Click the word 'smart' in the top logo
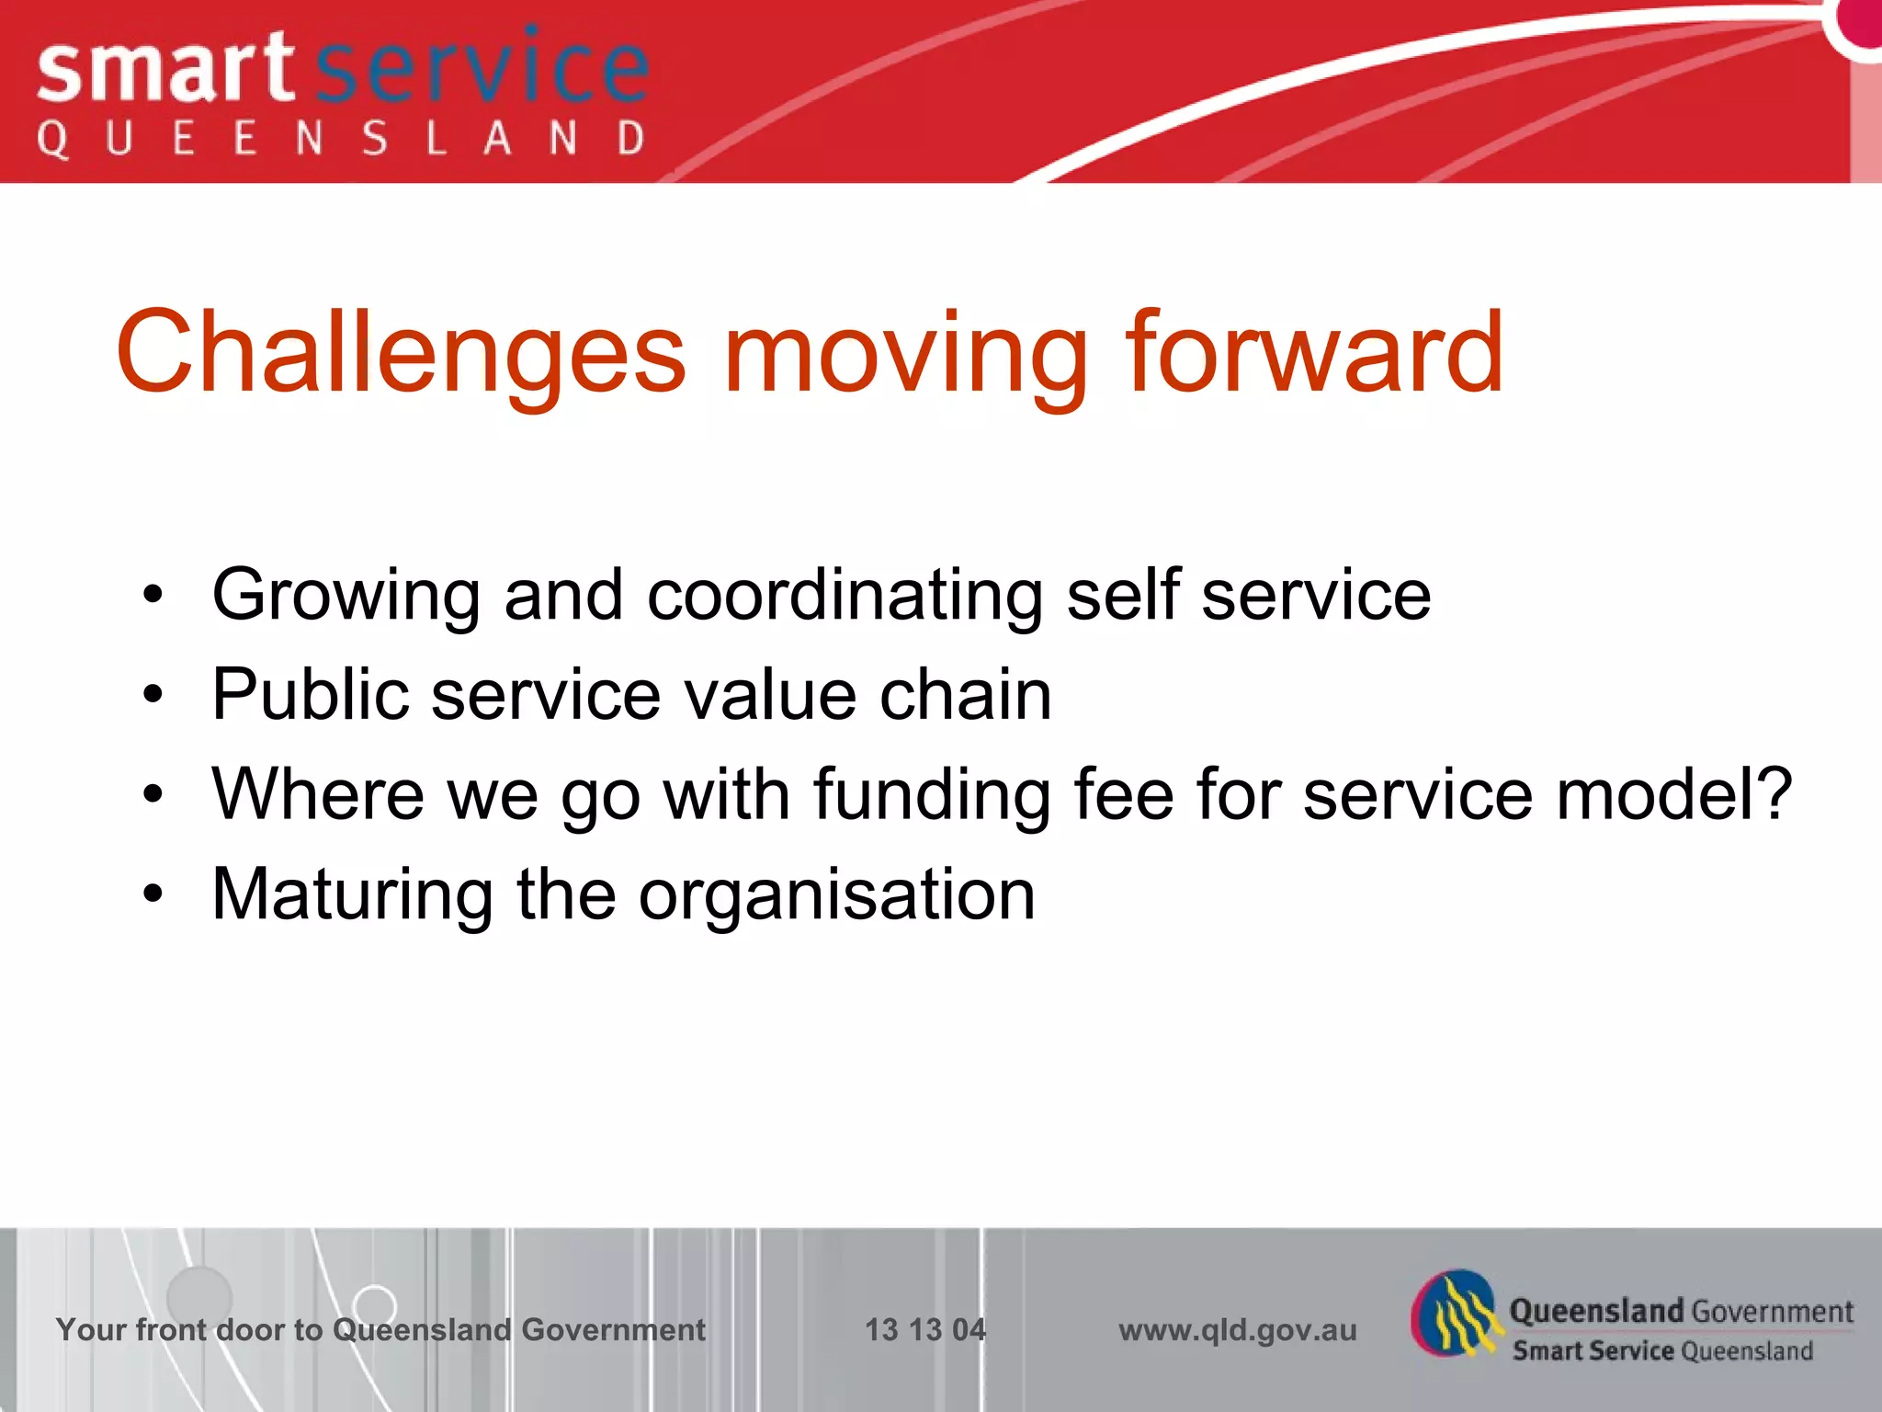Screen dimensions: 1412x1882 tap(165, 70)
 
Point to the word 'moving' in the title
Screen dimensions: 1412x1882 tap(905, 355)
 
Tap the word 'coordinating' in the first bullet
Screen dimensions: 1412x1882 tap(845, 596)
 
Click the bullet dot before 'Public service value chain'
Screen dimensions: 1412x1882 tap(153, 695)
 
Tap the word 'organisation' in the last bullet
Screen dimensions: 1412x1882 tap(836, 895)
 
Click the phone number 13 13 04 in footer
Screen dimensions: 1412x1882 tap(925, 1329)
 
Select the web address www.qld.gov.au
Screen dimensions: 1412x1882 tap(1237, 1329)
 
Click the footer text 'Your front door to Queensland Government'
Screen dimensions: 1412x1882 tap(380, 1329)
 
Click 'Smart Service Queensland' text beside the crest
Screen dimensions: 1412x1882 tap(1662, 1350)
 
